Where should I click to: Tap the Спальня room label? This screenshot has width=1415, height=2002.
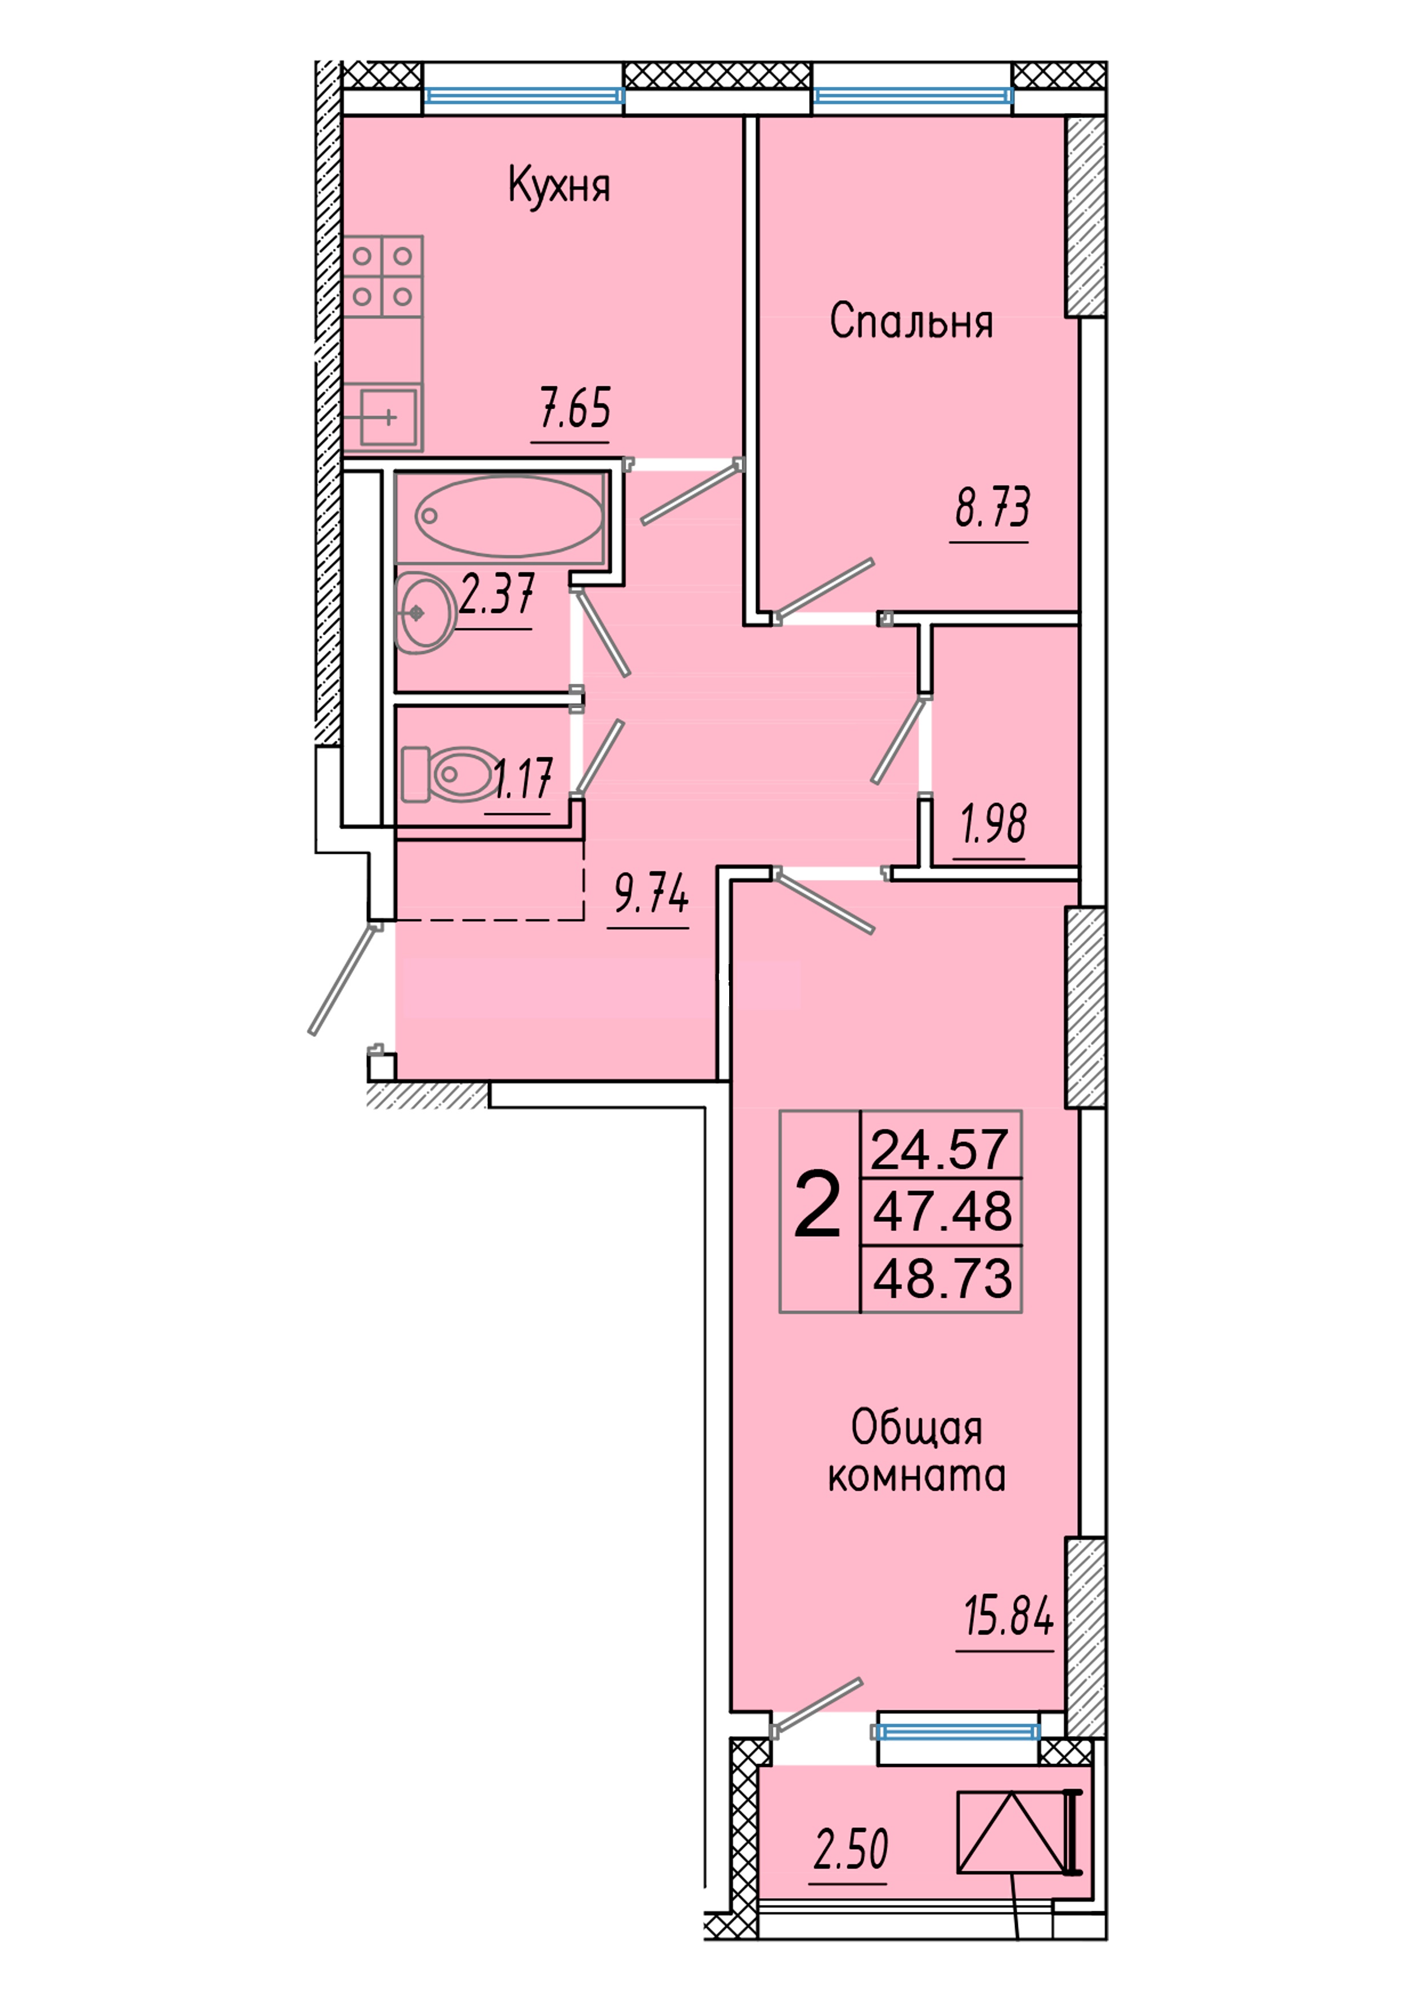[911, 322]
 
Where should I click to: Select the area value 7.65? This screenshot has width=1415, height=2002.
[575, 409]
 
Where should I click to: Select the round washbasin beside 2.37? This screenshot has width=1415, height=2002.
[424, 613]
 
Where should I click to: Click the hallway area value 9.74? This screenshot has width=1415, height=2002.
[651, 893]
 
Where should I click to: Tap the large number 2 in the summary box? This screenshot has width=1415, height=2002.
[817, 1207]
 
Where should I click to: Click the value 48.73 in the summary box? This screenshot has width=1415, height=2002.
[943, 1278]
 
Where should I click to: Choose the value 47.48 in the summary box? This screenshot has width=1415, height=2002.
[943, 1212]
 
